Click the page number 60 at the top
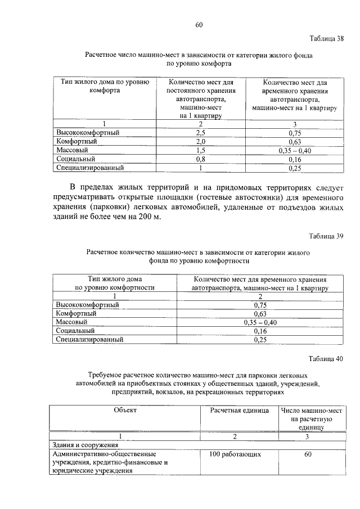click(199, 24)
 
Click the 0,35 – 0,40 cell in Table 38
click(294, 151)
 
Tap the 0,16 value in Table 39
click(259, 331)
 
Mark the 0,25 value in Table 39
click(259, 340)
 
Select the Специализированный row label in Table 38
click(89, 168)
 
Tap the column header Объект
click(125, 410)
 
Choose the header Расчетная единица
click(240, 410)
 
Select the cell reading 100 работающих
click(235, 453)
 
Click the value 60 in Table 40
click(308, 453)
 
